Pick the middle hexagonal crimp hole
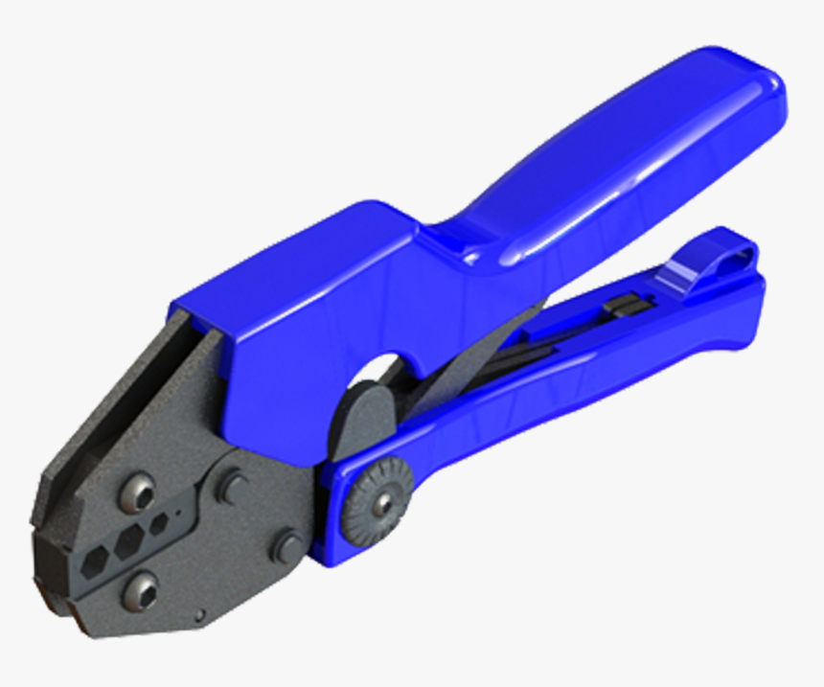coord(129,543)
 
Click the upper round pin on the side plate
coord(232,486)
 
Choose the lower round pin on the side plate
coord(286,548)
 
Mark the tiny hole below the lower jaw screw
coord(199,614)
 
